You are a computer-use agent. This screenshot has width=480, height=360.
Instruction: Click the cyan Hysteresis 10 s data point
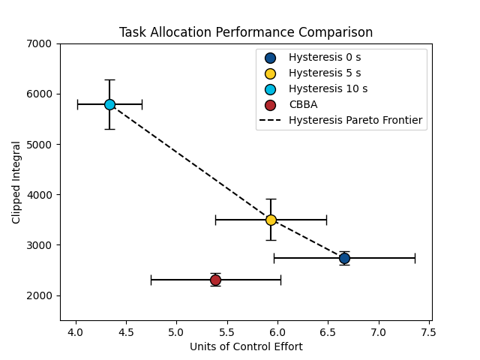[x=109, y=104]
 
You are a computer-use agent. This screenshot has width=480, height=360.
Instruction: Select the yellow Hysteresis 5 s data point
[x=271, y=220]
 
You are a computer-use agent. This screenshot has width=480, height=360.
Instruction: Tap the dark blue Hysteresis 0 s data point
[x=344, y=258]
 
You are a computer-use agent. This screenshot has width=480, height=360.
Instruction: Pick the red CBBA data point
[x=215, y=280]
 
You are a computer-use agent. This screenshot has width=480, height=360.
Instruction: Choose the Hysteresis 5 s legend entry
[x=324, y=73]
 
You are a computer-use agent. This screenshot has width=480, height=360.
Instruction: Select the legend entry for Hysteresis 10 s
[x=328, y=89]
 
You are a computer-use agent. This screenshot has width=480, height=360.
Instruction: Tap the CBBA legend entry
[x=303, y=105]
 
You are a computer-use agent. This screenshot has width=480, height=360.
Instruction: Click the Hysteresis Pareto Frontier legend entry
[x=355, y=121]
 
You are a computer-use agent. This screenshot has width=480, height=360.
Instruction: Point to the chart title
[x=246, y=33]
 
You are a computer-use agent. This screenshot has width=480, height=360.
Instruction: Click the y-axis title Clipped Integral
[x=16, y=182]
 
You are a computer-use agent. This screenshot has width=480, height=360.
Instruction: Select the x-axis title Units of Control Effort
[x=246, y=346]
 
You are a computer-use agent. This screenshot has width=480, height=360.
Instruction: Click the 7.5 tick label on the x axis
[x=429, y=331]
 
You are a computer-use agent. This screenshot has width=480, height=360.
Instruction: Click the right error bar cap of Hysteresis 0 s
[x=415, y=258]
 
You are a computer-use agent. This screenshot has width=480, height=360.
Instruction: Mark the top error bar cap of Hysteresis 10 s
[x=109, y=79]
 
